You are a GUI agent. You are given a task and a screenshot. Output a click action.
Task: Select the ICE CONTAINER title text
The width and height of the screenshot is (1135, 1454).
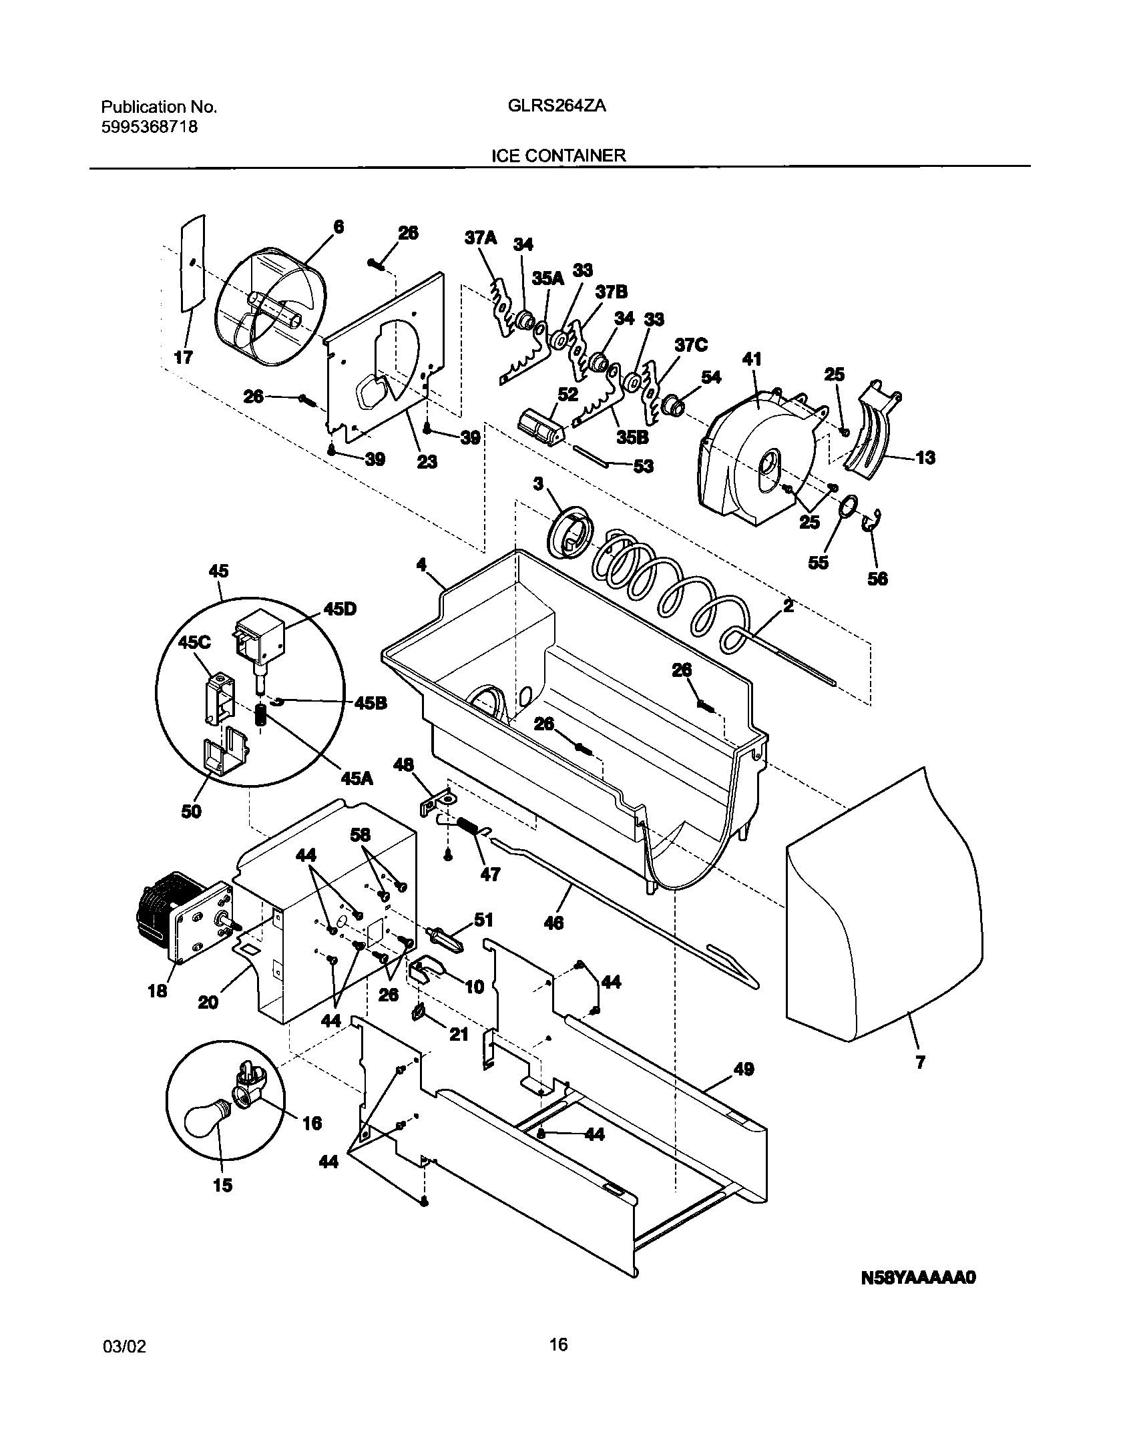coord(558,156)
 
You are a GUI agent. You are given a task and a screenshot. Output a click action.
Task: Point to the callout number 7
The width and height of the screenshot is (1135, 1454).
coord(921,1062)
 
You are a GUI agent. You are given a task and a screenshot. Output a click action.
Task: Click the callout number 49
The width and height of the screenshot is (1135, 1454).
coord(744,1069)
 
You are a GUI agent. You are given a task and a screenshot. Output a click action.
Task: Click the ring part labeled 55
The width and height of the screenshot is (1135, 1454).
coord(847,507)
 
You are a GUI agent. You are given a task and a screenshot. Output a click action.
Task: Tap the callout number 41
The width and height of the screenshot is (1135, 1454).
coord(752,359)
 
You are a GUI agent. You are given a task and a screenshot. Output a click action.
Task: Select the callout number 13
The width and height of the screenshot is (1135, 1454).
coord(925,457)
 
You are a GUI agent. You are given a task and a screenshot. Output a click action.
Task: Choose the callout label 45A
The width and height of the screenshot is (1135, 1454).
coord(357,778)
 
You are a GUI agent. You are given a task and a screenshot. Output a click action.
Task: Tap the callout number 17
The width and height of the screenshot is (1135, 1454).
coord(184,357)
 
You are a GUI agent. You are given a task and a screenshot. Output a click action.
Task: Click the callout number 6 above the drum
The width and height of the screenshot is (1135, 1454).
coord(339,227)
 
